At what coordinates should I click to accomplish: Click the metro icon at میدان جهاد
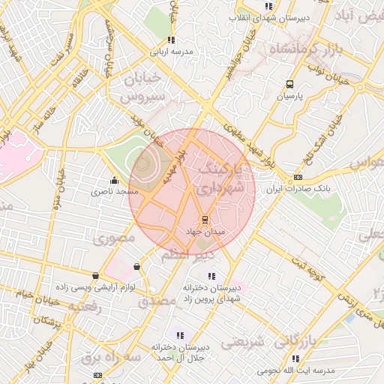[203, 220]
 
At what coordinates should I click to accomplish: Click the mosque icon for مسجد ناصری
[114, 180]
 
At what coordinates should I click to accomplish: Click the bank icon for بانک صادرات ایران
[298, 177]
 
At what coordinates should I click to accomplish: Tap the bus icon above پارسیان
[289, 85]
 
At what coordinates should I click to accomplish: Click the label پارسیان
[289, 97]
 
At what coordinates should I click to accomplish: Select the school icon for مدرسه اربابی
[171, 40]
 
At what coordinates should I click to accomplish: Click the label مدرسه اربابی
[171, 52]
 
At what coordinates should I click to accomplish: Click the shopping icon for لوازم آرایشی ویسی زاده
[95, 276]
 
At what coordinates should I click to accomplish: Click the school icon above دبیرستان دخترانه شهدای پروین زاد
[211, 276]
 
